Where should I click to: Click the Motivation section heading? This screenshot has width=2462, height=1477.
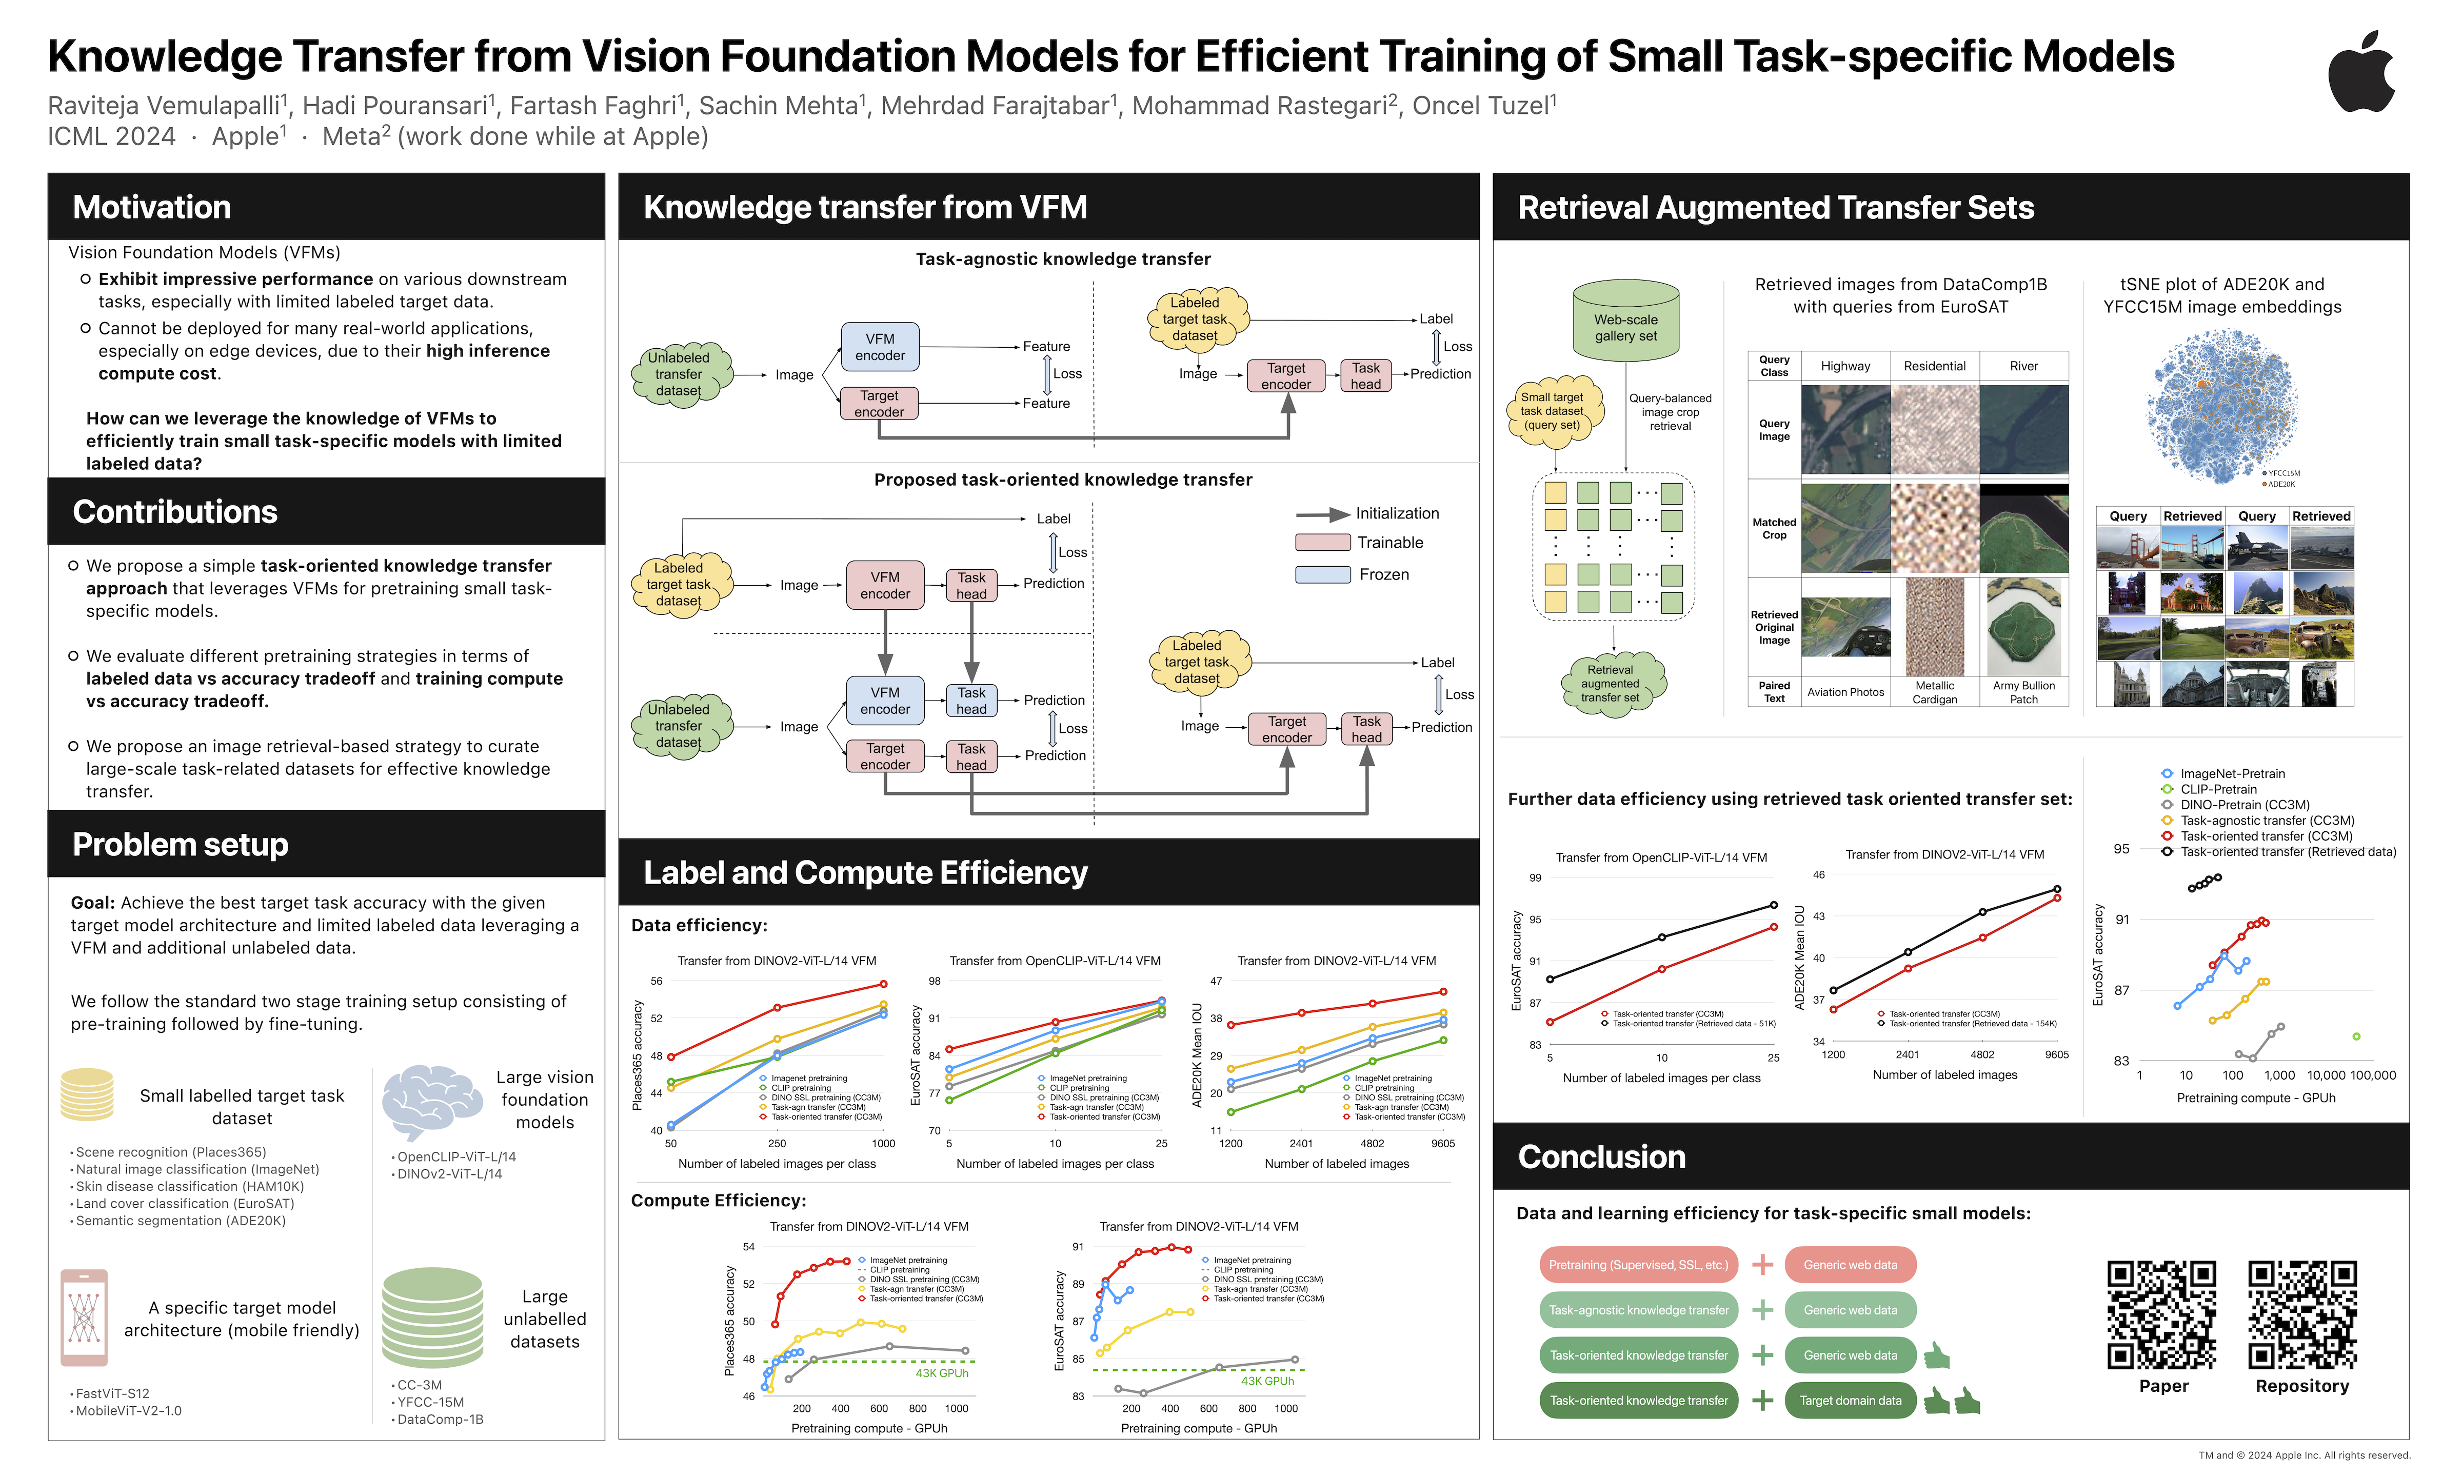click(x=152, y=207)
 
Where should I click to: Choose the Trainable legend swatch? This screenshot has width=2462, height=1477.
click(x=1322, y=543)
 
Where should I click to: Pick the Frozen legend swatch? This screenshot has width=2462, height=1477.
click(x=1322, y=574)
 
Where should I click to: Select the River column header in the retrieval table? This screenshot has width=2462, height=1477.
click(x=2023, y=366)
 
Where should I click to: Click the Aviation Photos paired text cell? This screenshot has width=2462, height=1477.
click(x=1845, y=692)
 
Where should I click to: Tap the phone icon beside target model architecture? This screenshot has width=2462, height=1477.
click(x=84, y=1317)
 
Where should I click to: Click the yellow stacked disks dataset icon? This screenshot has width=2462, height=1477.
click(x=87, y=1095)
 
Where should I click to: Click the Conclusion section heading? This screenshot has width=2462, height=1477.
click(x=1601, y=1156)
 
